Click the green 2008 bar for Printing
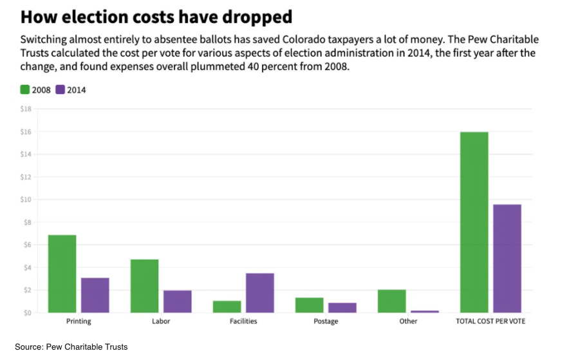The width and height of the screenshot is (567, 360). tap(62, 274)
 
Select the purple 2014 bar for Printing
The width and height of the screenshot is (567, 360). tap(95, 295)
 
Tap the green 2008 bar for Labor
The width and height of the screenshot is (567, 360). tap(144, 286)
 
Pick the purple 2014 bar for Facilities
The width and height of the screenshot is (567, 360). tap(260, 293)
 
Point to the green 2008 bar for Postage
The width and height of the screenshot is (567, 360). tap(309, 305)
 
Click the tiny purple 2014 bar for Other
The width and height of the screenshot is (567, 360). tap(425, 312)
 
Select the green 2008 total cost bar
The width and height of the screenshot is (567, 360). tap(474, 222)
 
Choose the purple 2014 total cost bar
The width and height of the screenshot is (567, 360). tap(507, 258)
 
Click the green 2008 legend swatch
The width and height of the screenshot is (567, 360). tap(25, 90)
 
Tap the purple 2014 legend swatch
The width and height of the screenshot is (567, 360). tap(60, 90)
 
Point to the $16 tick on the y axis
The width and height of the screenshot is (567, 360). tap(26, 132)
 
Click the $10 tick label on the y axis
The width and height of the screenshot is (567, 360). tap(26, 200)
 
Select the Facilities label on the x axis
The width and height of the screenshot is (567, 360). tap(243, 321)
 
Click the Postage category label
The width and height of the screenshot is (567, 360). tap(326, 321)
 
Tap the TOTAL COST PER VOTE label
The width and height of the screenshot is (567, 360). tap(490, 321)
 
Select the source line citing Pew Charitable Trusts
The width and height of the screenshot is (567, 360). tap(71, 347)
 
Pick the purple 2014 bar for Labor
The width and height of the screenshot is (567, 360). tap(178, 301)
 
